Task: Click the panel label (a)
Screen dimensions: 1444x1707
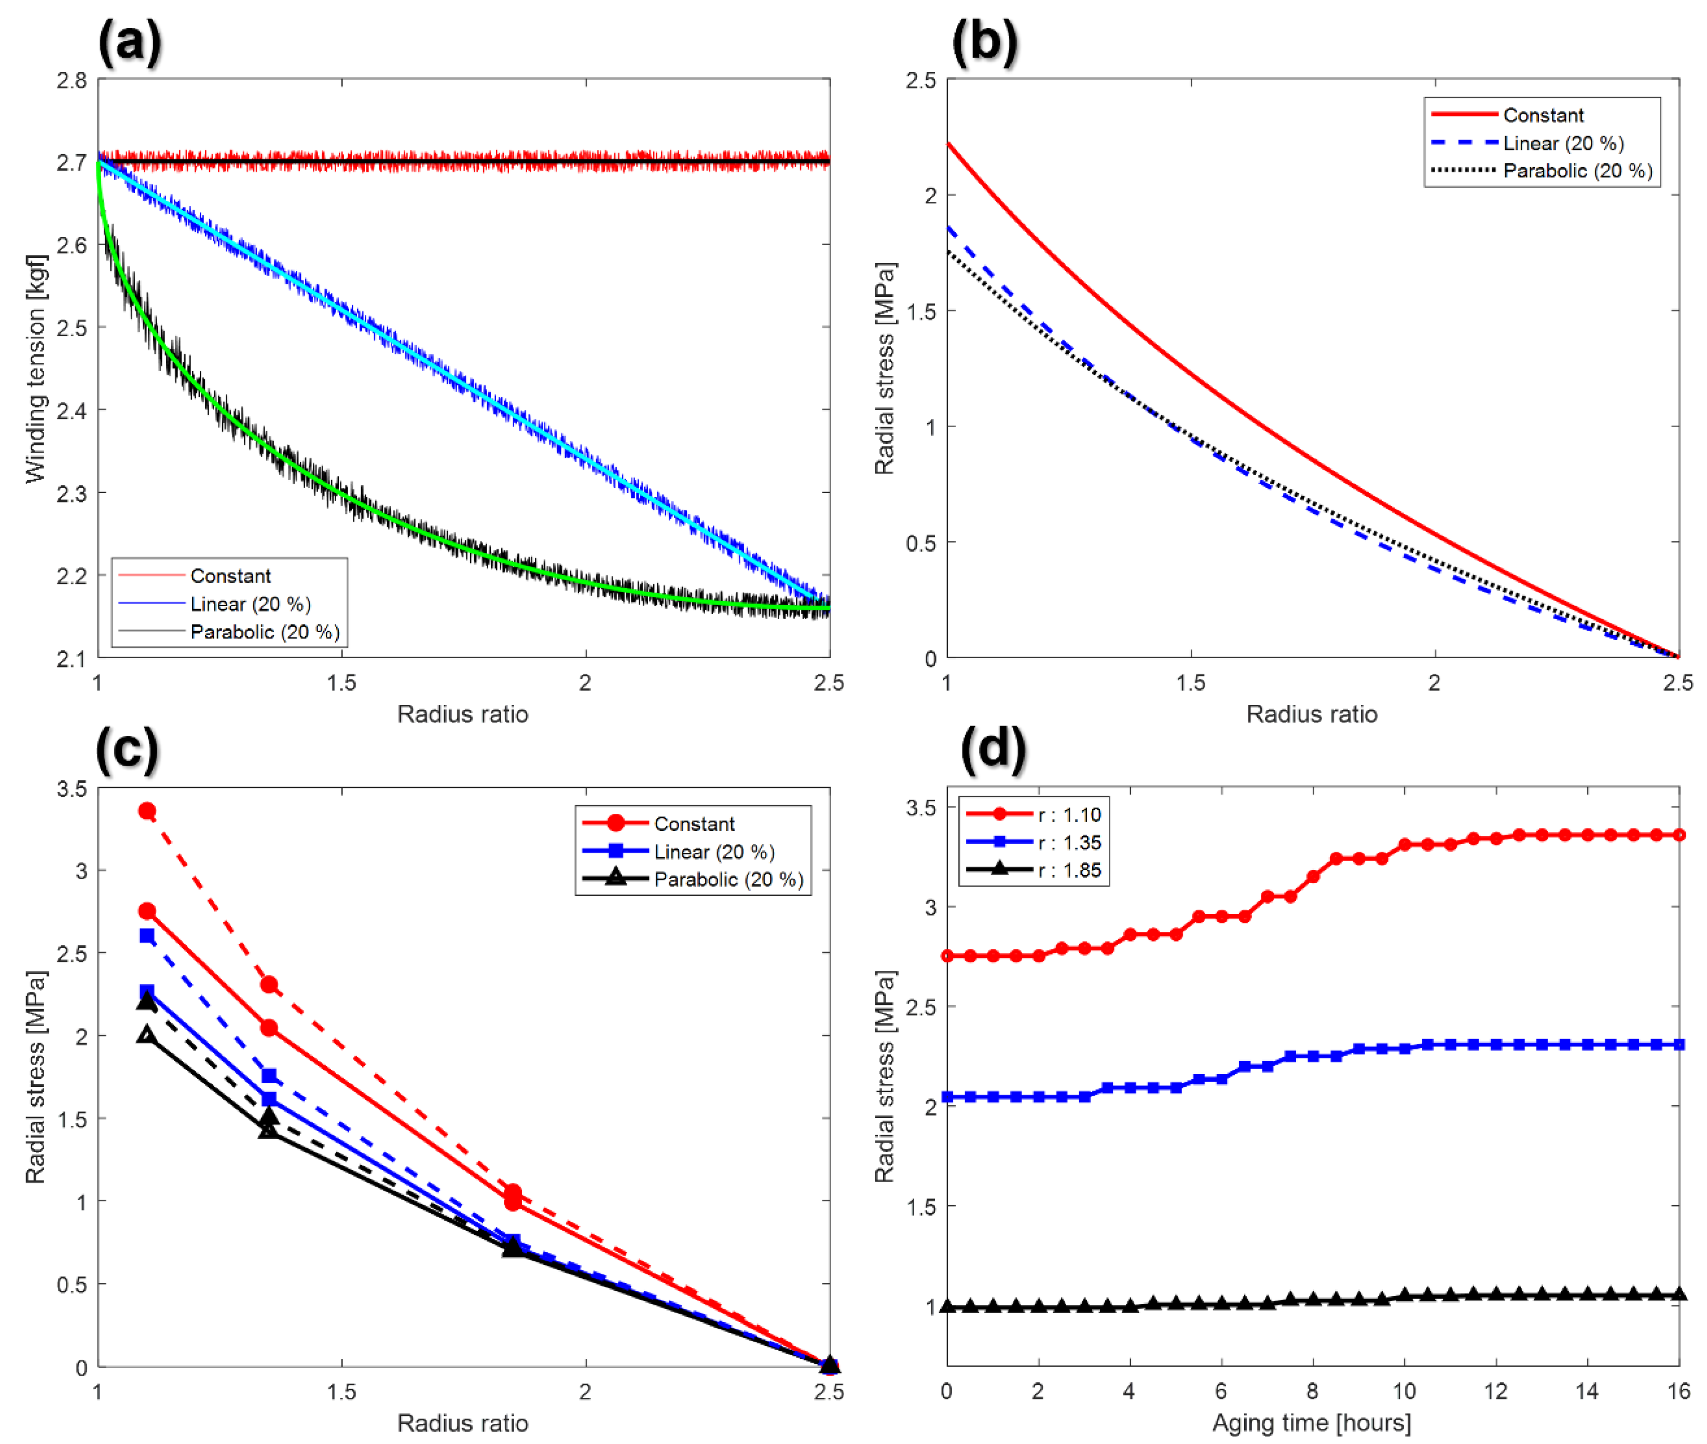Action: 129,41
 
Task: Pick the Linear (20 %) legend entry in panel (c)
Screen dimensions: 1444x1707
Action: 713,851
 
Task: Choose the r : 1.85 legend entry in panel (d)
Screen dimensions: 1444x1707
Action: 1069,869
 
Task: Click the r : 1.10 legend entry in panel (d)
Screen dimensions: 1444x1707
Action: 1069,814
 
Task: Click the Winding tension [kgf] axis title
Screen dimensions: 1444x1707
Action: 35,369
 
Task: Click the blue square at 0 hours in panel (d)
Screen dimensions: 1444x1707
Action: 947,1097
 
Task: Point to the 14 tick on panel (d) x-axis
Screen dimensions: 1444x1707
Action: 1587,1391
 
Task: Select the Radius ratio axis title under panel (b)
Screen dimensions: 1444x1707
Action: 1311,714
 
